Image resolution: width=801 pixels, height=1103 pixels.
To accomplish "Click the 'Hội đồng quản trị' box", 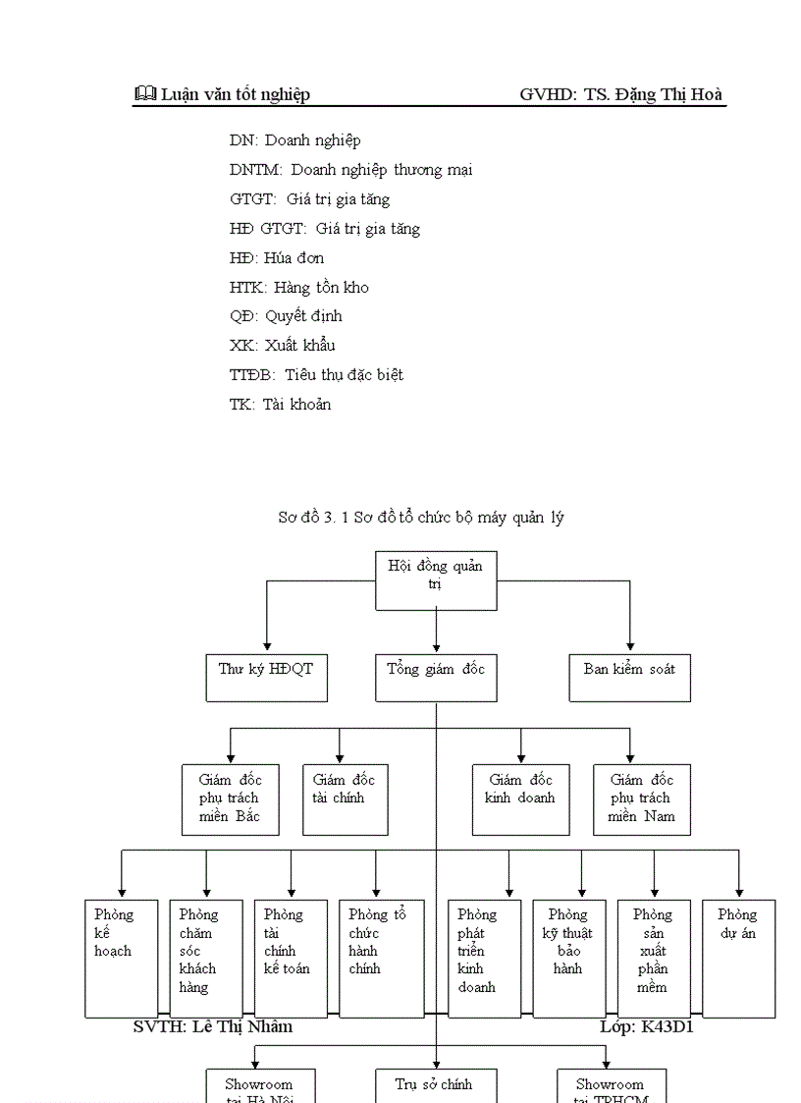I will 436,580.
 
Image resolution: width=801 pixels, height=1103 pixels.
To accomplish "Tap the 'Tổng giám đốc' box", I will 436,677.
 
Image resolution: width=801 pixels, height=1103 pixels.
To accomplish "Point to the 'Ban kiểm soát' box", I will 629,677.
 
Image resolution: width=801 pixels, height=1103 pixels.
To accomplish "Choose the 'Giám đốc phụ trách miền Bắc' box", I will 230,800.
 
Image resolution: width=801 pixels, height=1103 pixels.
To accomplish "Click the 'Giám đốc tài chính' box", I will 346,800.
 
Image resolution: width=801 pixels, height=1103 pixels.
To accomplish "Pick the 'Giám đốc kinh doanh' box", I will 520,800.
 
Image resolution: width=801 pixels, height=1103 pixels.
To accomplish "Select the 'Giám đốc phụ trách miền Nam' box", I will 642,800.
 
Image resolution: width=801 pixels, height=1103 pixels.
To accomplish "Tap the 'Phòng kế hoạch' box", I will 121,958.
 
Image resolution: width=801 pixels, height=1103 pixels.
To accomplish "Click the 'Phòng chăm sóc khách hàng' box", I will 205,958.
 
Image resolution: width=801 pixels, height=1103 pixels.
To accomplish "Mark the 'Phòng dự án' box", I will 738,958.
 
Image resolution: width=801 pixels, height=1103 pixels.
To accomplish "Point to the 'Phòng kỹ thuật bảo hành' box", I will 569,958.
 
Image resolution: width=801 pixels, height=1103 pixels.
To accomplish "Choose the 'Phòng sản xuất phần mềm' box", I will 654,958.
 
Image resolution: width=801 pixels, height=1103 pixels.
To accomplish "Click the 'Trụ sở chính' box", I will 436,1085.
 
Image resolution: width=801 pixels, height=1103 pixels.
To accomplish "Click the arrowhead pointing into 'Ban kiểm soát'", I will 629,645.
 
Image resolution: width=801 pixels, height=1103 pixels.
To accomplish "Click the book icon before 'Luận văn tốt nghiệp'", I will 144,94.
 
